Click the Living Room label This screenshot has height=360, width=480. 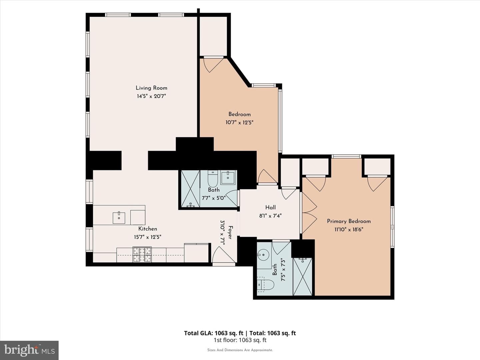coord(151,88)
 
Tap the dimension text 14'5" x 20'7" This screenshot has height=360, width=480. coord(151,96)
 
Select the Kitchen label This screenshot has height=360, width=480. coord(148,229)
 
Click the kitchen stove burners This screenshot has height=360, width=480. coord(142,254)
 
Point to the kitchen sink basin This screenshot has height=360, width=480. coord(119,217)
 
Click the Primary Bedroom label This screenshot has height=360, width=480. coord(349,221)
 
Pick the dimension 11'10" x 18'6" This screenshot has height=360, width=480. coord(349,230)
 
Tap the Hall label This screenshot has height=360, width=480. coord(271,207)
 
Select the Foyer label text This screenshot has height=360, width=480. coord(230,232)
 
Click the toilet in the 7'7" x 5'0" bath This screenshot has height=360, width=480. coord(213,179)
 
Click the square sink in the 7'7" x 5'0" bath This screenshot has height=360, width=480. coord(228,178)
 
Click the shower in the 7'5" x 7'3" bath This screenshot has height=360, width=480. coord(302,277)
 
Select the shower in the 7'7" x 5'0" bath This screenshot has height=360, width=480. coord(190,189)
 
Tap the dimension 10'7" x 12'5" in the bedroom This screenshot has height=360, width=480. coord(239,122)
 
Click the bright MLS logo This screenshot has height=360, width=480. coord(29,350)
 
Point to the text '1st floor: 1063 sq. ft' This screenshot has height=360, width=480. coord(240,340)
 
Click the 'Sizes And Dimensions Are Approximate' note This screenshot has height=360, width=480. coord(240,350)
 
